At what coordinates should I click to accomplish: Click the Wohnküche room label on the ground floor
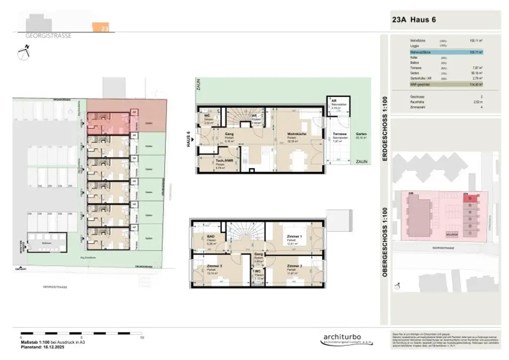pyautogui.click(x=296, y=134)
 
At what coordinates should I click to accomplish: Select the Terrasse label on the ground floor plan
pyautogui.click(x=339, y=135)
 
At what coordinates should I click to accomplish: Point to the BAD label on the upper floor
pyautogui.click(x=210, y=238)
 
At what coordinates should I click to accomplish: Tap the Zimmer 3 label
pyautogui.click(x=213, y=266)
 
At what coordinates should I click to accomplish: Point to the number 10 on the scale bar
pyautogui.click(x=142, y=337)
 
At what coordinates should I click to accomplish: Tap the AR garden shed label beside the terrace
pyautogui.click(x=334, y=101)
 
